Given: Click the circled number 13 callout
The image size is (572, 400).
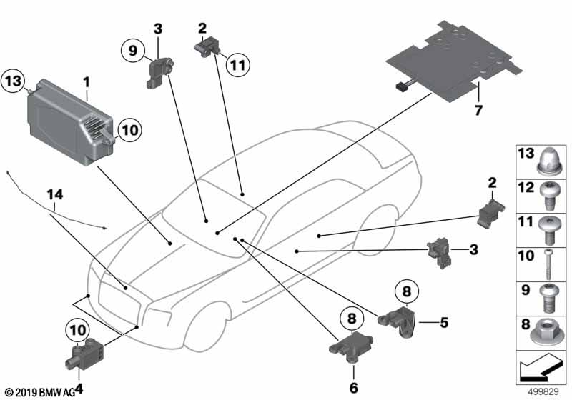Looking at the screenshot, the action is (13, 81).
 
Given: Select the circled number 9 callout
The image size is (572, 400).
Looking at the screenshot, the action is (133, 50).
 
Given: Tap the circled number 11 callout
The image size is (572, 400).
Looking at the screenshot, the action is (238, 65).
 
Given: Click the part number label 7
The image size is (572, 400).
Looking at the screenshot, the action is (478, 110).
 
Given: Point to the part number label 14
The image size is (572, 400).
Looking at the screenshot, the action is (55, 194).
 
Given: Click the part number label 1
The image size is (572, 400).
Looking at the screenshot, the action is (86, 82).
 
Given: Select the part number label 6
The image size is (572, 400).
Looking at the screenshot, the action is (353, 388).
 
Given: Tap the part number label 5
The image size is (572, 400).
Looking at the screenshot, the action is (443, 322).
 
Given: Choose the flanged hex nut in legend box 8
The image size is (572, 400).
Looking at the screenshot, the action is (546, 333).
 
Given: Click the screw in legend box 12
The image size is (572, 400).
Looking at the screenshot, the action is (547, 196).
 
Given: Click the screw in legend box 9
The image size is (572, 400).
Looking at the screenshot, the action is (546, 299).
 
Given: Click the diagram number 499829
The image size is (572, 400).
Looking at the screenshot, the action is (543, 391).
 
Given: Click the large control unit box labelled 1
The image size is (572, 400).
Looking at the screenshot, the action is (69, 121).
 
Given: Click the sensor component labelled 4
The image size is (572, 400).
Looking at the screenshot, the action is (84, 355).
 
